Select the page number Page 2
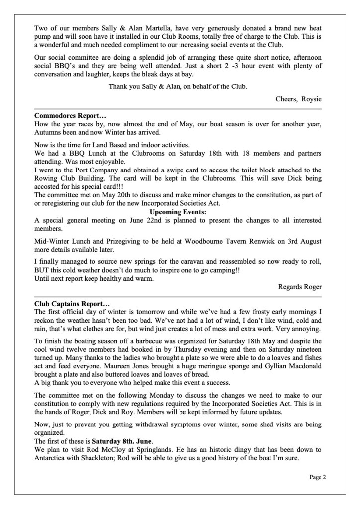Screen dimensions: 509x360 [x=317, y=478]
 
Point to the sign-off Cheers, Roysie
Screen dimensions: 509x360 [x=299, y=99]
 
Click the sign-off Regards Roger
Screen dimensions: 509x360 [x=300, y=286]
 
